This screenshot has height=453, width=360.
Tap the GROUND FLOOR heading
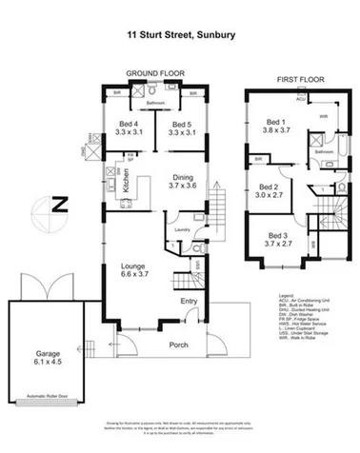click(154, 74)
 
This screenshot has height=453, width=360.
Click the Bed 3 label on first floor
click(277, 239)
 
